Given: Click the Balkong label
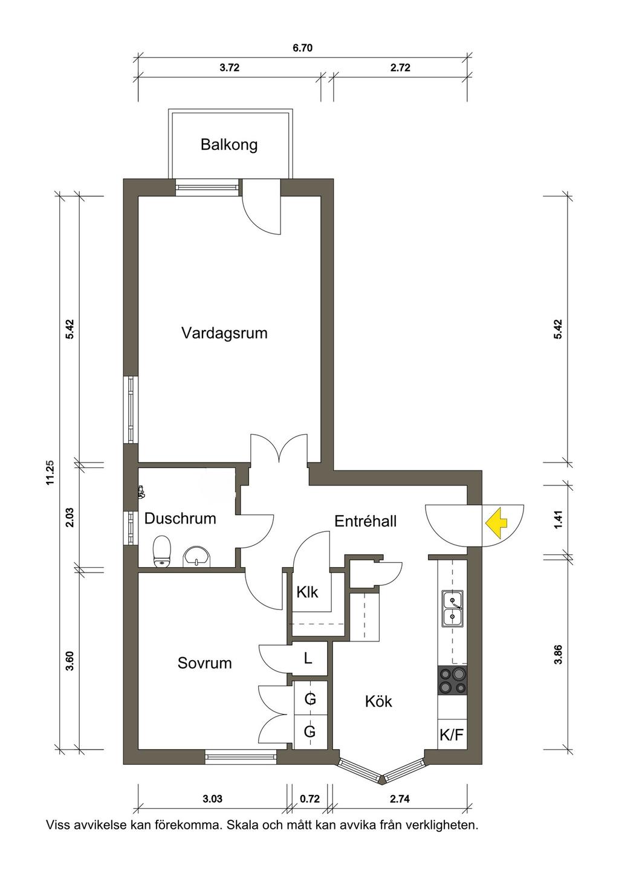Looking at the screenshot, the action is coord(229,144).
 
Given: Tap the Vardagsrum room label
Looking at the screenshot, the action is coord(224,333).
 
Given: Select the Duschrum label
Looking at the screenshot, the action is coord(180,519).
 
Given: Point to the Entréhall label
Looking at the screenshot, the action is coord(366,521).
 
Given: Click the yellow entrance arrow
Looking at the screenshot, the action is coord(496,523).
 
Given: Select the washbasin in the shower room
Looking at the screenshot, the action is coord(196,557).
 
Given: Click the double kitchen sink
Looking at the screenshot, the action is coord(452,609).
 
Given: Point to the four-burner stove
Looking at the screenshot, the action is coord(452,681).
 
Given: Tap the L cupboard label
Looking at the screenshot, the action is coord(308,659).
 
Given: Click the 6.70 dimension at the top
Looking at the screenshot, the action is coord(303,48).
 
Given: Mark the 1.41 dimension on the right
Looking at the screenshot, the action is coord(559,521).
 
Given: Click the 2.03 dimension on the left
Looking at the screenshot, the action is coord(70,517).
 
